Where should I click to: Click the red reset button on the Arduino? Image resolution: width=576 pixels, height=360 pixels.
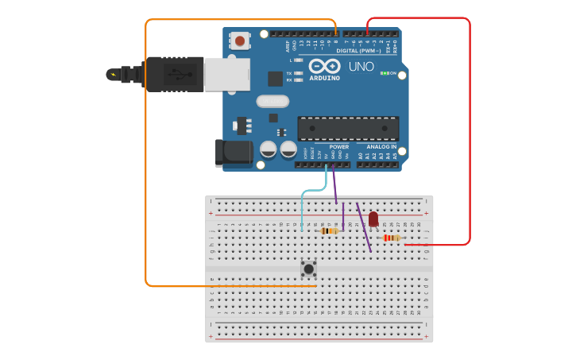click(239, 40)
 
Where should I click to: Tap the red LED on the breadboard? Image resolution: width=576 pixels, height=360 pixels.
click(373, 218)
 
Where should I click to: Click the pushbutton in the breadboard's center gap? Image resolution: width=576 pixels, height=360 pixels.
click(308, 269)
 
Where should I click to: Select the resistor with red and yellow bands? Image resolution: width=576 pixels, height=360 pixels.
click(391, 238)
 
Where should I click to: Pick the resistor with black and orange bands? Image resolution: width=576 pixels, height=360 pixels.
click(330, 230)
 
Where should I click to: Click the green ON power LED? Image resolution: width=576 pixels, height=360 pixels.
click(385, 73)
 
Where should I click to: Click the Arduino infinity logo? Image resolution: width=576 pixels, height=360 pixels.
click(324, 67)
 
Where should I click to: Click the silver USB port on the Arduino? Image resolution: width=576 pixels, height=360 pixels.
click(226, 74)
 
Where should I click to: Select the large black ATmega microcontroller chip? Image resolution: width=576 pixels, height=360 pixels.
click(348, 128)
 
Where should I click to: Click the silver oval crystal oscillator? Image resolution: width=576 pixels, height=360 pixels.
click(273, 101)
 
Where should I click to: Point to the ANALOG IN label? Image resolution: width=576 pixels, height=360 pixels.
click(381, 147)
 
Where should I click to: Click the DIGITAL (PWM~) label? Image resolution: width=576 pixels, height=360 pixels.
click(358, 51)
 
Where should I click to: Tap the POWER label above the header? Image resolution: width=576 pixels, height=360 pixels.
click(339, 147)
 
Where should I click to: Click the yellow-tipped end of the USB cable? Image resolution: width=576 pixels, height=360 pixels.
click(112, 75)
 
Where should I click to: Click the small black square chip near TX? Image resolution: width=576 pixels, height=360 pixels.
click(275, 79)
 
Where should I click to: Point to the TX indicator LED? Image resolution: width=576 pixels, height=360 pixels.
click(298, 73)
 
